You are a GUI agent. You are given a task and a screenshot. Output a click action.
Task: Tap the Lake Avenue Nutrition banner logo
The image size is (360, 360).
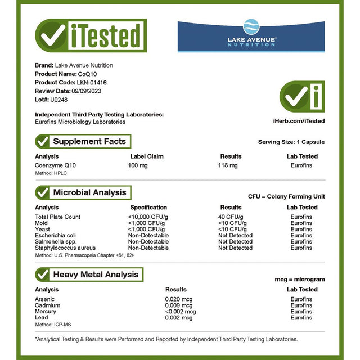(251, 37)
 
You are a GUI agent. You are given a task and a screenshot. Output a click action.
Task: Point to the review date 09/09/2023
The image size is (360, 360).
(87, 91)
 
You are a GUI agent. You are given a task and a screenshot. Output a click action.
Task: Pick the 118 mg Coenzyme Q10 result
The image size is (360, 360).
(228, 165)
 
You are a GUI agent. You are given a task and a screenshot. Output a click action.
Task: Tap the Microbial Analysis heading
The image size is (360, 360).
(89, 192)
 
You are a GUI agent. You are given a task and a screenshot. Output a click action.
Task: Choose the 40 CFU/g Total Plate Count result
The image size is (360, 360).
(231, 217)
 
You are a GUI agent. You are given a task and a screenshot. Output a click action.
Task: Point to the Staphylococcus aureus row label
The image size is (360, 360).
(65, 247)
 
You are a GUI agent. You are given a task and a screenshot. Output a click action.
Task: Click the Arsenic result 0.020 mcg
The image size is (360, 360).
(179, 299)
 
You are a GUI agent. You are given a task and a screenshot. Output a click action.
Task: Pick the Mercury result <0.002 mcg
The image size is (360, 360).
(181, 312)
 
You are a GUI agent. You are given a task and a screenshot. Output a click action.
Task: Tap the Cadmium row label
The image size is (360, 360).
(47, 305)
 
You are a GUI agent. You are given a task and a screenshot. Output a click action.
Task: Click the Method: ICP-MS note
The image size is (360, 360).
(53, 325)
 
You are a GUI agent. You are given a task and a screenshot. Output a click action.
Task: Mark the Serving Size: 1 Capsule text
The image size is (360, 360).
(291, 142)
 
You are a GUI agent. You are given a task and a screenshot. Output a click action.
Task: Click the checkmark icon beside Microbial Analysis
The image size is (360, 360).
(42, 192)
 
